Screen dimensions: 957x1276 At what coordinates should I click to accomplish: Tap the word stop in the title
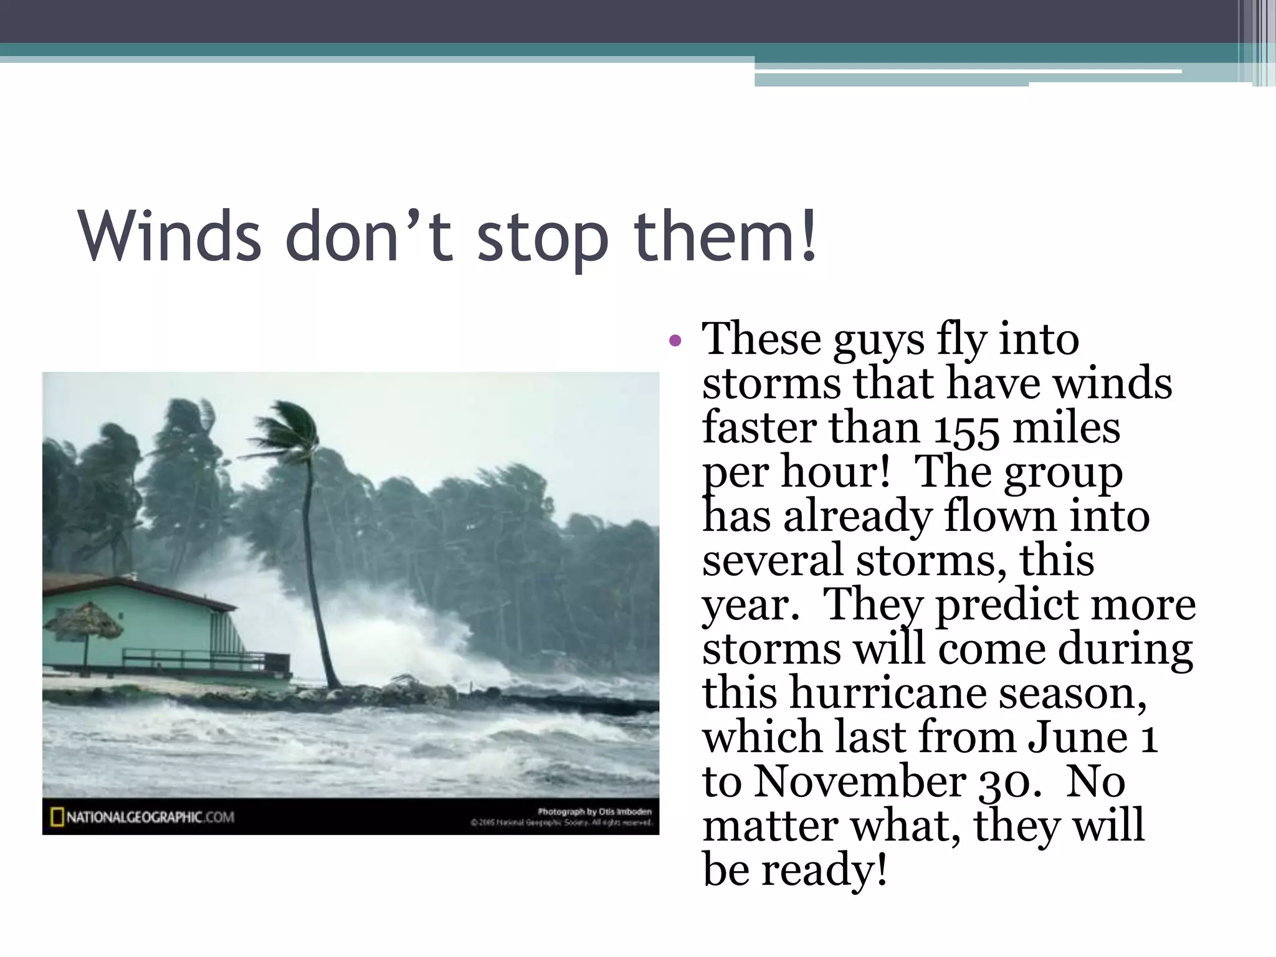click(542, 240)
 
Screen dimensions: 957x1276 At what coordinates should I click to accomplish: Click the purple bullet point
click(675, 340)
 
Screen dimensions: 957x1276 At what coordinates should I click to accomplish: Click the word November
click(860, 782)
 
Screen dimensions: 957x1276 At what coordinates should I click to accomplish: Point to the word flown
click(1000, 517)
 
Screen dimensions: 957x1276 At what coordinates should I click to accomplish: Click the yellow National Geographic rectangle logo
click(57, 817)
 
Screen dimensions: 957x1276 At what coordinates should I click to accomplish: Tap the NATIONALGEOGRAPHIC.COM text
click(150, 817)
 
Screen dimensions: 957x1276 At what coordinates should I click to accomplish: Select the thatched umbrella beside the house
click(87, 619)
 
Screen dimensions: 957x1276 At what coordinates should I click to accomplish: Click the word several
click(773, 561)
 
